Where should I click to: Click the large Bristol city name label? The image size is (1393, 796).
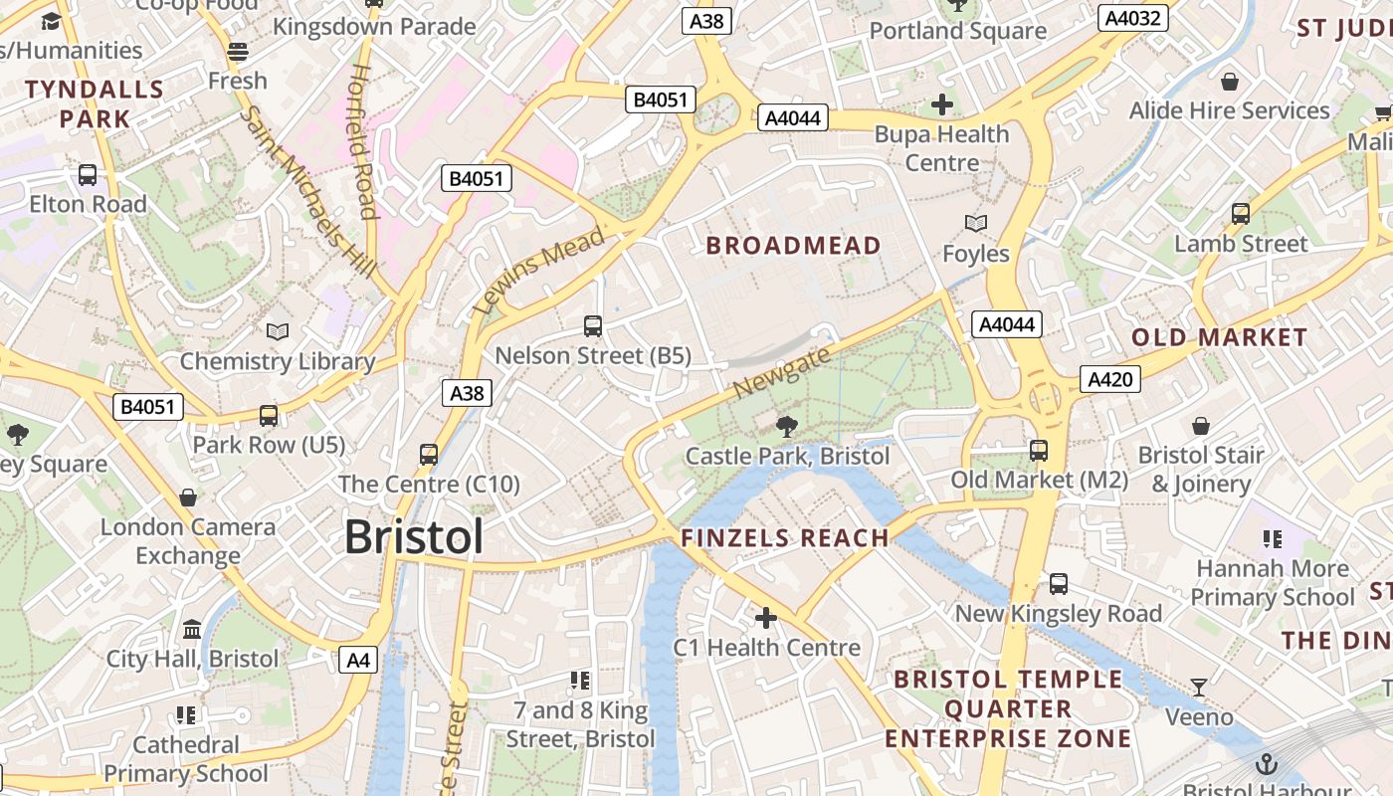pos(414,537)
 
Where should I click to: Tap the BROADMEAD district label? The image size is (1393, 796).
pos(793,246)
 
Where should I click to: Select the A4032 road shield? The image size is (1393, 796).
pos(1132,18)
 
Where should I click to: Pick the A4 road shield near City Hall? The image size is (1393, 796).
pos(358,659)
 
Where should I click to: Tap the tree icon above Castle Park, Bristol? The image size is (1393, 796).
pos(786,427)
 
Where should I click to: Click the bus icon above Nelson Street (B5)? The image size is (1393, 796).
pos(592,325)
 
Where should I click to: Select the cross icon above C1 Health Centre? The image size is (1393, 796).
pos(765,618)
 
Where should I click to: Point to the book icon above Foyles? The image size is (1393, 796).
pos(976,224)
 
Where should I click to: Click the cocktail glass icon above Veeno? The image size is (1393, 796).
pos(1199,687)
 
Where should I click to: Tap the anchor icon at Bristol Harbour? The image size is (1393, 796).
pos(1267,764)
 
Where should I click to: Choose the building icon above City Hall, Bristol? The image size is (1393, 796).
pos(192,629)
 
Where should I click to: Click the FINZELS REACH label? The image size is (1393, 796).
pos(784,538)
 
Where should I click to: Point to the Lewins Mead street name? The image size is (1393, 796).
pos(538,271)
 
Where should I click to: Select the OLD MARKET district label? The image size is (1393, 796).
pos(1219,337)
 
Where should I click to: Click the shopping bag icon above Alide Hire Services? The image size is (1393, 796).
pos(1229,82)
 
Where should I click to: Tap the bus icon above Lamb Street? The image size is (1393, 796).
pos(1240,213)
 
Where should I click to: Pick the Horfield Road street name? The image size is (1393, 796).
pos(363,141)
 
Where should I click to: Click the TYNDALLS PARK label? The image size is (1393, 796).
pos(94,104)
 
